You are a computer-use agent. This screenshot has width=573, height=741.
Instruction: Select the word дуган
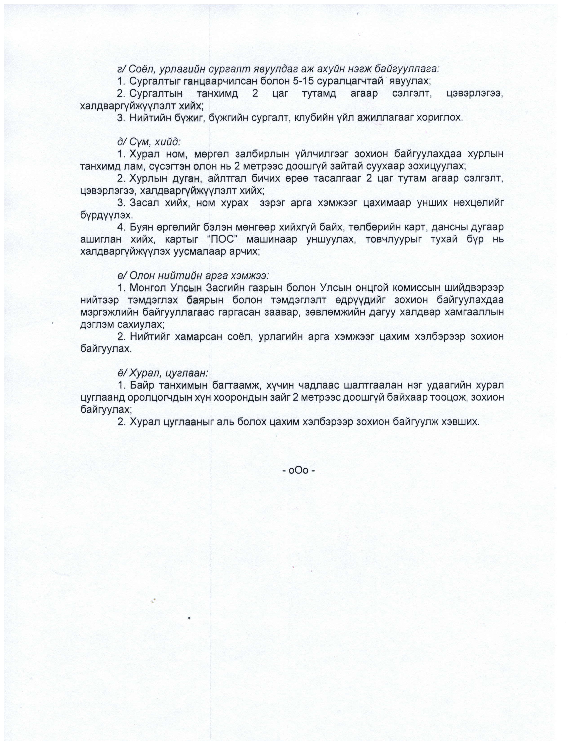pyautogui.click(x=185, y=179)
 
